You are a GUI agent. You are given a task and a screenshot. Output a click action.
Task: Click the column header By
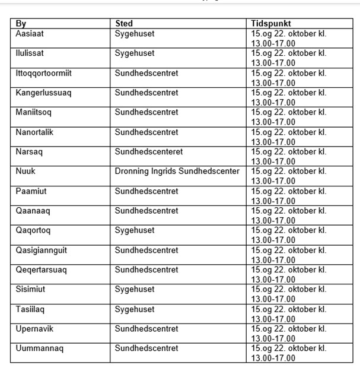(21, 24)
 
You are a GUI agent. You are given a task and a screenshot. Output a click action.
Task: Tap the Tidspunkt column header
(272, 24)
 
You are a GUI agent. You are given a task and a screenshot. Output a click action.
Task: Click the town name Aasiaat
(30, 34)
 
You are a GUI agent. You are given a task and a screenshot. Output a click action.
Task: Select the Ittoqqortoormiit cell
(43, 73)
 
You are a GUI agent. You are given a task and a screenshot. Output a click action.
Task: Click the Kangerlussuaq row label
(43, 93)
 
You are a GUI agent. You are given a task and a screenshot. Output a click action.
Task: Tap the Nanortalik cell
(34, 132)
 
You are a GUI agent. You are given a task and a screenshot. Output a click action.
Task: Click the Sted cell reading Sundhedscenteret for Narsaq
(148, 152)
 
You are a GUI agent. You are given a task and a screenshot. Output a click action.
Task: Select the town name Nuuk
(26, 172)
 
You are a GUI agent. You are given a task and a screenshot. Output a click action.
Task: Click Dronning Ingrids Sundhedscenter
(177, 172)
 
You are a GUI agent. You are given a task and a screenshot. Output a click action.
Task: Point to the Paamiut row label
(30, 191)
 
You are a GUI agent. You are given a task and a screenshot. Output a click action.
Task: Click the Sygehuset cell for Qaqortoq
(135, 230)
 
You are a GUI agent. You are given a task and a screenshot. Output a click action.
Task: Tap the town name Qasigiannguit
(41, 250)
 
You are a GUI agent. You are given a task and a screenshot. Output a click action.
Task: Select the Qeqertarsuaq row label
(41, 270)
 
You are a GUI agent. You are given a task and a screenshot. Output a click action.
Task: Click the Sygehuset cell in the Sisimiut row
(135, 290)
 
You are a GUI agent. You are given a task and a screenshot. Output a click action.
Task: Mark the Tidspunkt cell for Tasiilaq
(288, 314)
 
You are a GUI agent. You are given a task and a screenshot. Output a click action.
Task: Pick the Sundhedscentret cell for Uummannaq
(146, 348)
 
